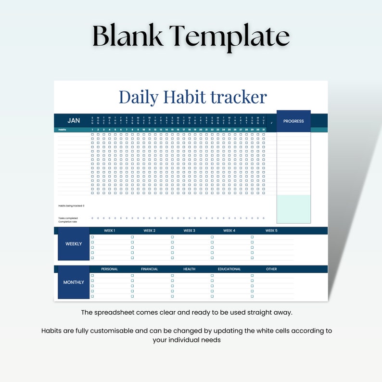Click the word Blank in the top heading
[x=128, y=37]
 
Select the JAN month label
[x=74, y=120]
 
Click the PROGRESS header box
[x=293, y=121]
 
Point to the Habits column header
[x=62, y=129]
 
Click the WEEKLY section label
[x=74, y=244]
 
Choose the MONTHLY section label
[x=74, y=282]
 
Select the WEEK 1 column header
[x=109, y=231]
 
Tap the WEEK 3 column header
[x=189, y=231]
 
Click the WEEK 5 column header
[x=271, y=231]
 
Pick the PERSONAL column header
[x=109, y=269]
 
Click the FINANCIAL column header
[x=149, y=269]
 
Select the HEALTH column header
[x=189, y=269]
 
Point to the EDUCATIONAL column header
[x=229, y=269]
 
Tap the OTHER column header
[x=271, y=269]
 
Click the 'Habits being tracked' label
[x=71, y=206]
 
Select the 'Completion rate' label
[x=68, y=222]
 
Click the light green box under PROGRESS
[x=293, y=209]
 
